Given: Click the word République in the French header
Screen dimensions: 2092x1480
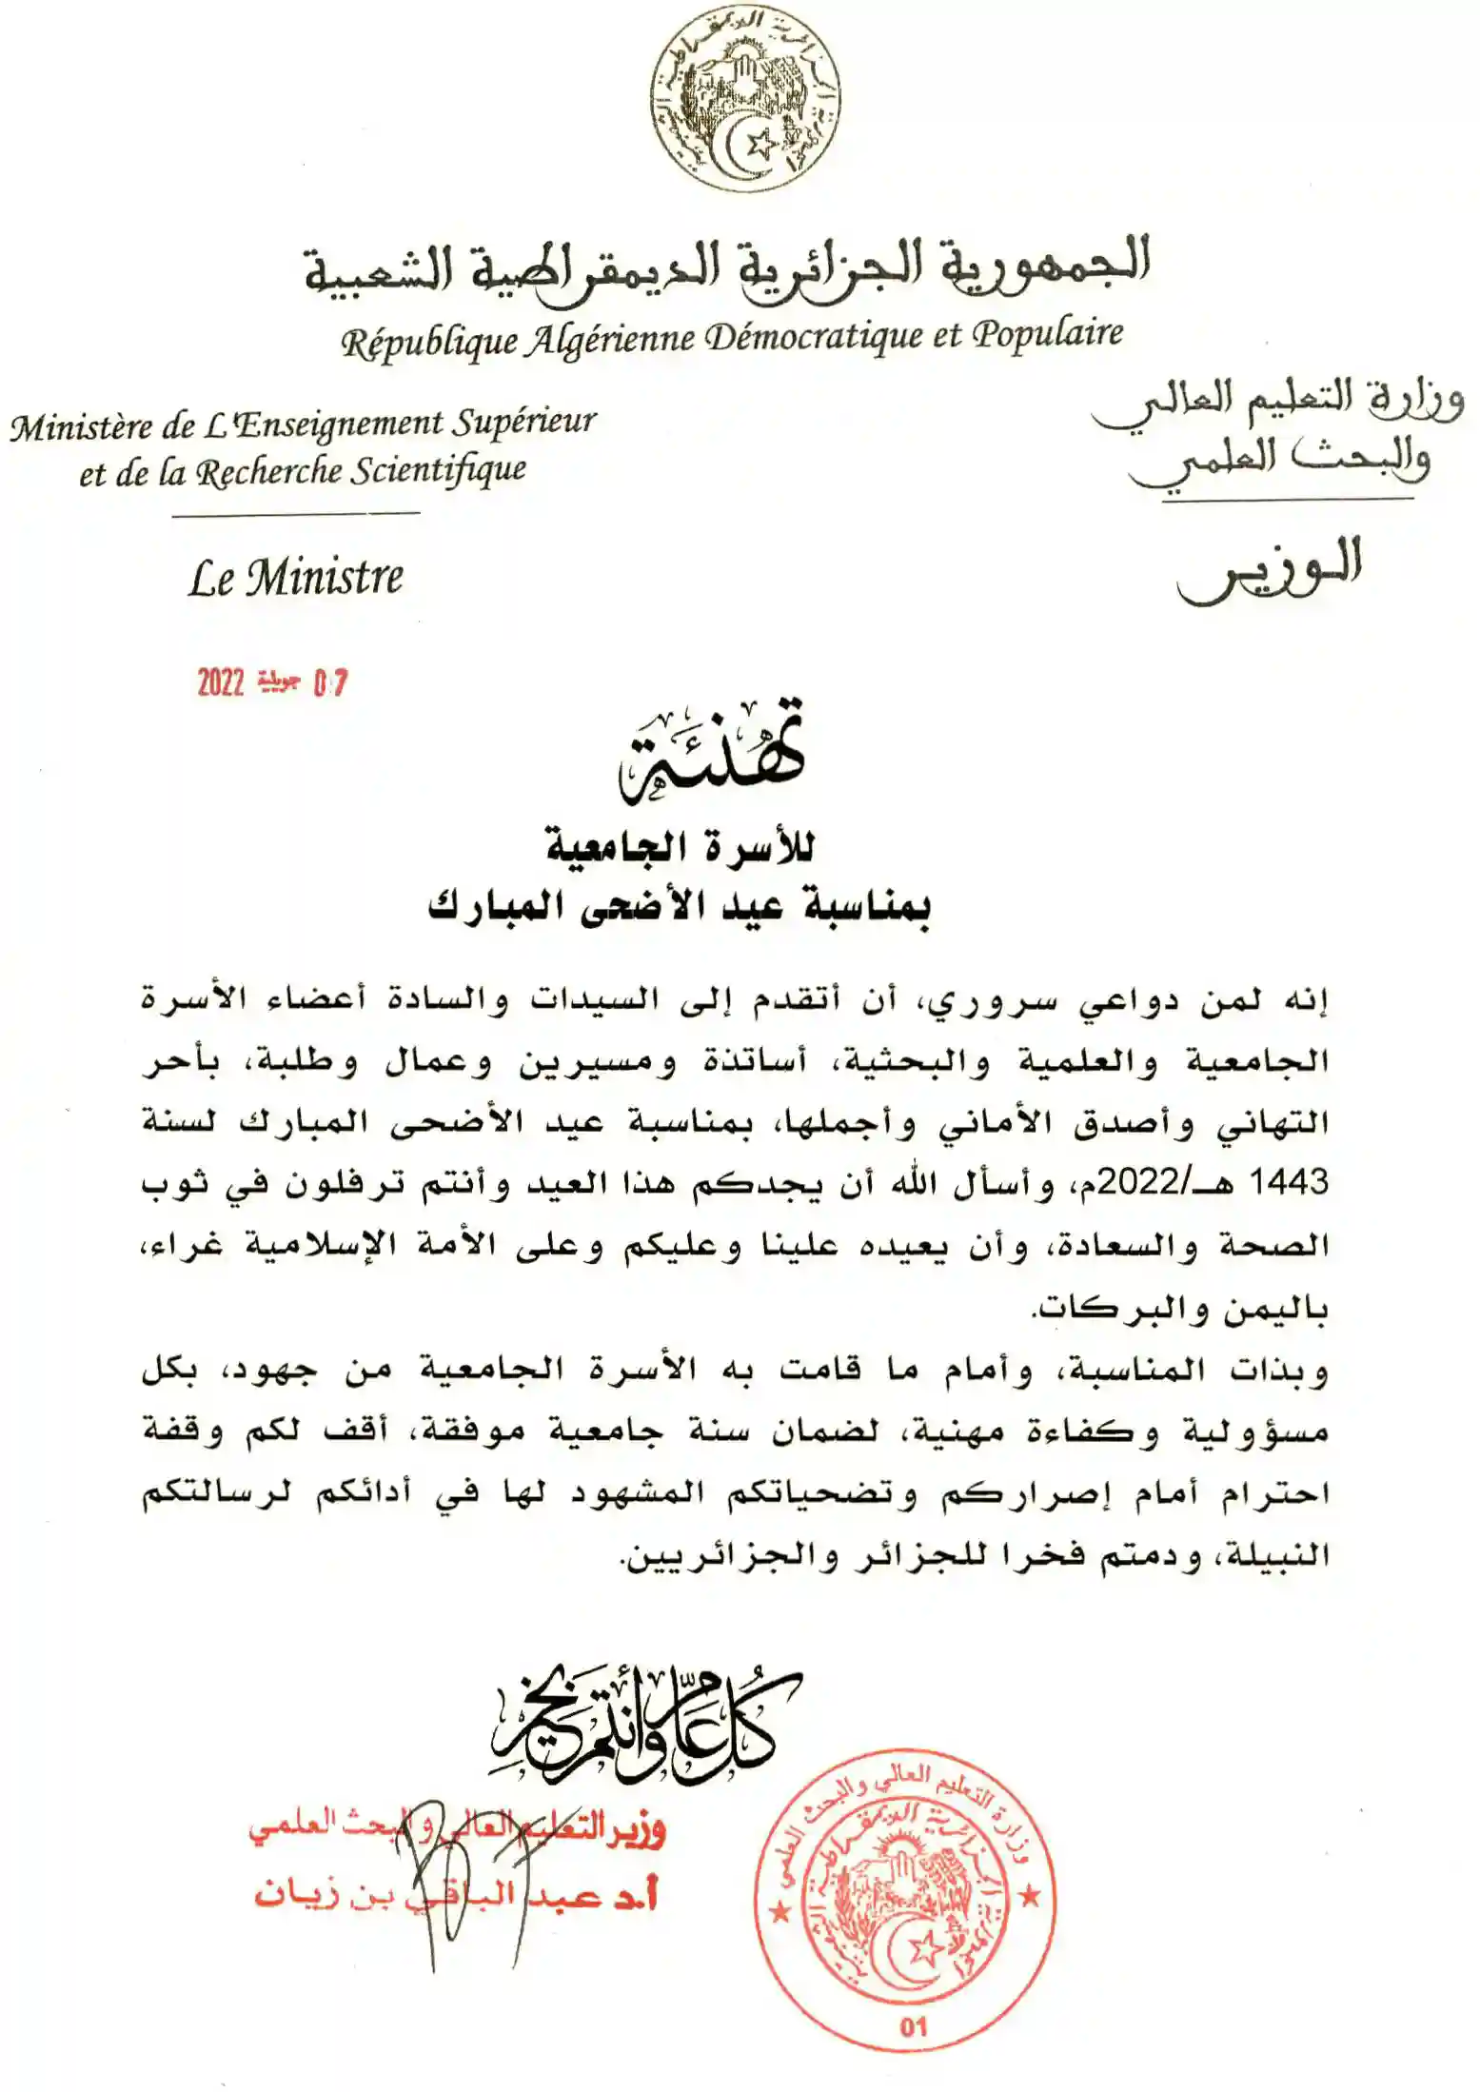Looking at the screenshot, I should [x=429, y=342].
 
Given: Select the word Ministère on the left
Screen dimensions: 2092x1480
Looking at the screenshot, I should [x=84, y=427].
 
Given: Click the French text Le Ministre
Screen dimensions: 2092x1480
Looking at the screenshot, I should [x=295, y=578].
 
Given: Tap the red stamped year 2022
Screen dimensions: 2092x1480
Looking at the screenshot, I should [x=221, y=682].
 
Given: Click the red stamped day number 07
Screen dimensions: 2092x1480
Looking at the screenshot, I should [x=330, y=682].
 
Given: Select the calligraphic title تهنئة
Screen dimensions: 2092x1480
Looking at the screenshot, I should [x=712, y=753].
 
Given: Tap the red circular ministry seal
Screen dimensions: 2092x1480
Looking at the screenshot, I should [x=905, y=1902].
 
